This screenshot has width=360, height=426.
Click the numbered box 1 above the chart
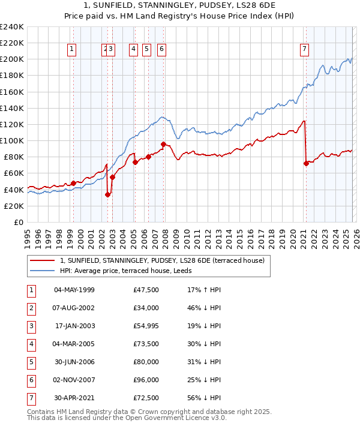(x=72, y=50)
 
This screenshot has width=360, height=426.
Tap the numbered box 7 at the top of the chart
(x=305, y=50)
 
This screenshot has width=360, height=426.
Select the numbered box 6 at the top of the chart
(x=162, y=50)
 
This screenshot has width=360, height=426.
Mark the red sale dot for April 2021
(x=306, y=163)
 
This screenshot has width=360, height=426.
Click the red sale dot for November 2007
(x=163, y=144)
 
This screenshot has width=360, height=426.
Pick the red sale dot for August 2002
(x=107, y=194)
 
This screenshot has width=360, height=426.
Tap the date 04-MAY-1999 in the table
(x=74, y=290)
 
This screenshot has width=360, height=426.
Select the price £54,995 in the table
(x=146, y=326)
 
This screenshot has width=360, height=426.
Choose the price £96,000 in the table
(x=146, y=380)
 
